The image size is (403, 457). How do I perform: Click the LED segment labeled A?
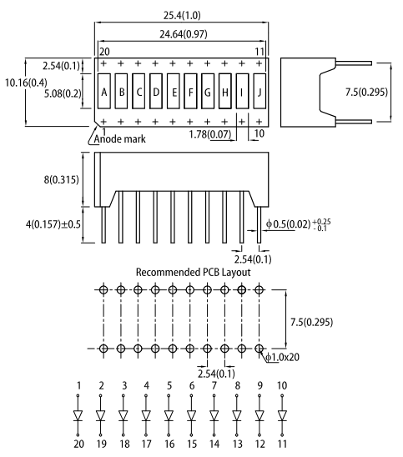103,91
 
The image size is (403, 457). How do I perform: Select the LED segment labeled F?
190,91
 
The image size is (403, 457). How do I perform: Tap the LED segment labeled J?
259,91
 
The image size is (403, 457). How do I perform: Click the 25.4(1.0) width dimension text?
182,15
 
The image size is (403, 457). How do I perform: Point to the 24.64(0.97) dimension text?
183,34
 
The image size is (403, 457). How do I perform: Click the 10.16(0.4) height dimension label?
26,83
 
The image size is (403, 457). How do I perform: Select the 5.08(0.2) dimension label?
63,93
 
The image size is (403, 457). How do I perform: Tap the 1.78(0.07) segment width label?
210,134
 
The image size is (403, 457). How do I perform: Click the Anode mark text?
119,138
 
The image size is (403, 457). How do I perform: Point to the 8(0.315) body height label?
61,179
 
